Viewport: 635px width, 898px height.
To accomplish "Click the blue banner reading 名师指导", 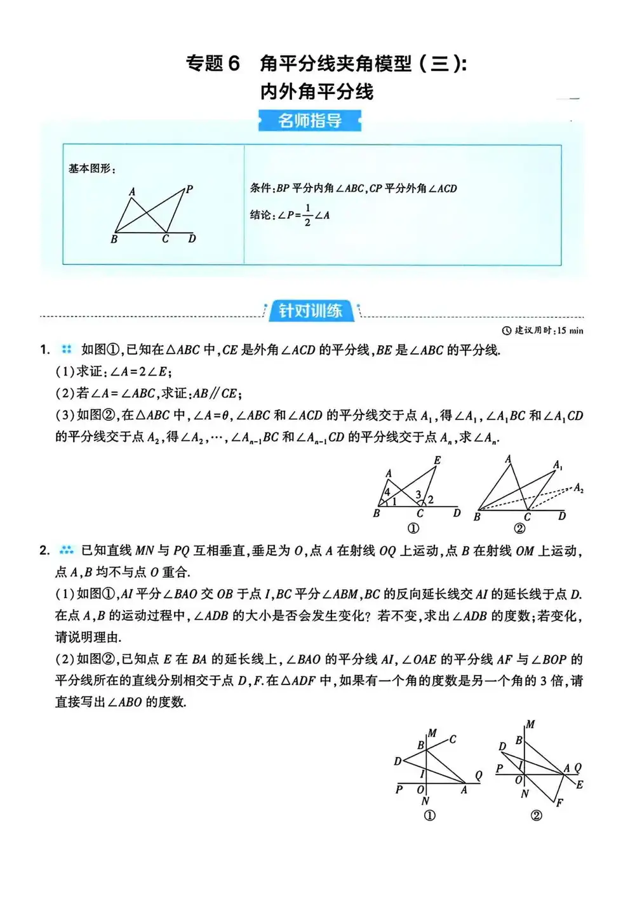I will coord(310,120).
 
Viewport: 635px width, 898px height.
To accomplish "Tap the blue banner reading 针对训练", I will coord(311,310).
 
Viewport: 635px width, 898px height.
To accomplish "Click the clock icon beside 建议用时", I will coord(506,330).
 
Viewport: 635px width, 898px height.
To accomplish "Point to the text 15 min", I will coord(570,330).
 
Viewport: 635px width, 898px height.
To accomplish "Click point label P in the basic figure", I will coord(189,189).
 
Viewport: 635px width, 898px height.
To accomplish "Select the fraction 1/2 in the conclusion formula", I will coord(308,215).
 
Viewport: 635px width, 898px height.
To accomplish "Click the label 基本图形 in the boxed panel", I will coord(91,168).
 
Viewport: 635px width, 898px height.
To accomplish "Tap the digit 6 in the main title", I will coord(234,64).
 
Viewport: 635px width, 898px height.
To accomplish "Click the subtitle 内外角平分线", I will coord(316,92).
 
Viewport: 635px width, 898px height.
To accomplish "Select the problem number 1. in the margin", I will coord(44,350).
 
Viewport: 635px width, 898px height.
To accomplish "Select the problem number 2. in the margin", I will coord(44,550).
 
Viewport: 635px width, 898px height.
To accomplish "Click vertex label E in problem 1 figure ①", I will coord(438,460).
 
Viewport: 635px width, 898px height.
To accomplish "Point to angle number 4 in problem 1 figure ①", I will coord(387,492).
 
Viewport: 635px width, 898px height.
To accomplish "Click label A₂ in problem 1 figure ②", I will coord(578,488).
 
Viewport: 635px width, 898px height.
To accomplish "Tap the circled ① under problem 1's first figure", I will coord(413,529).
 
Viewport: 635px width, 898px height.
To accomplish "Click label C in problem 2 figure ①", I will coord(453,739).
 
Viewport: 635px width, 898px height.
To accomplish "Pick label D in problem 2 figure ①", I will coord(398,761).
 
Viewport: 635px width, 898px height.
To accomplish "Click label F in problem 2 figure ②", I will coord(559,803).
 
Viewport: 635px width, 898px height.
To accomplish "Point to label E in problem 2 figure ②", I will coord(580,785).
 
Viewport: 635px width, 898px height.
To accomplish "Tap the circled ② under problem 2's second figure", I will coord(537,815).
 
